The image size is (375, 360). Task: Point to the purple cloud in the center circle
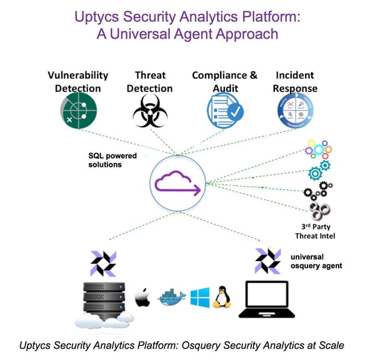[x=178, y=184]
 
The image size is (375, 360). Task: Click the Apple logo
[x=143, y=296]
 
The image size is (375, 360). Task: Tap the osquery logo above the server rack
[x=103, y=262]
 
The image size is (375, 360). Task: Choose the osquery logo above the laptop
[x=268, y=260]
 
